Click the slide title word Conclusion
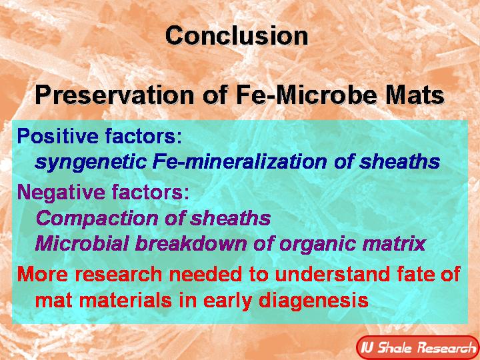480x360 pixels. (237, 35)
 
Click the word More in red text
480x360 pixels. (41, 275)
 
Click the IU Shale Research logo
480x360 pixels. (416, 347)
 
